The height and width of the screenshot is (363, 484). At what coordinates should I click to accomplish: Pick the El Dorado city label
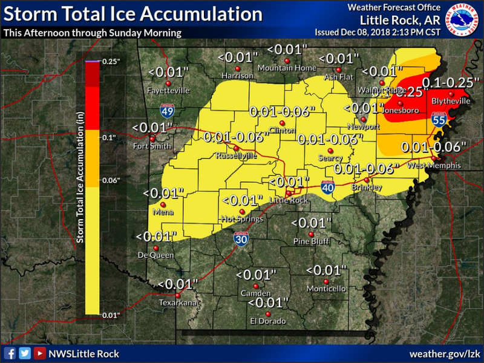[268, 321]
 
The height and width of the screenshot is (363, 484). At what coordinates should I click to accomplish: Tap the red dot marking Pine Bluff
[311, 234]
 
